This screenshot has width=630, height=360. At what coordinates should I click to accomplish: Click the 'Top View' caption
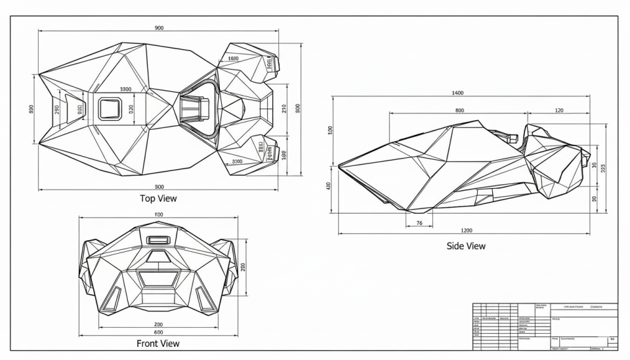(x=158, y=198)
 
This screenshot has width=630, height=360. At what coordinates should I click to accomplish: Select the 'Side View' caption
(x=465, y=246)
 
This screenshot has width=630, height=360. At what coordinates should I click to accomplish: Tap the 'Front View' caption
(x=157, y=343)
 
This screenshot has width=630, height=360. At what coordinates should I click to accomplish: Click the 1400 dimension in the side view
(x=457, y=93)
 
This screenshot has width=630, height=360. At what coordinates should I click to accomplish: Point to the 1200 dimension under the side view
(x=466, y=230)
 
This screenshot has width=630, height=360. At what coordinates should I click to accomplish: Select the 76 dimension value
(x=419, y=224)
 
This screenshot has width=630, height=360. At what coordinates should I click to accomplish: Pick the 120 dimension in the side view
(x=558, y=110)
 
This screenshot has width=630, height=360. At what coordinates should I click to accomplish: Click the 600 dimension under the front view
(x=159, y=332)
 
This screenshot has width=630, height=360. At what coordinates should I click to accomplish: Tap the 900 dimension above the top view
(x=159, y=28)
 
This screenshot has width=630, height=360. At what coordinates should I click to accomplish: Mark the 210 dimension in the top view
(x=284, y=108)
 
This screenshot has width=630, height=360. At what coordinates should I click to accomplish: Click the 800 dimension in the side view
(x=459, y=110)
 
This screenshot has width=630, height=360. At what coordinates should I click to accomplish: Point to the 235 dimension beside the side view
(x=603, y=167)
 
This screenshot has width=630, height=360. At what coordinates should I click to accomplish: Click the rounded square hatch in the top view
(x=110, y=108)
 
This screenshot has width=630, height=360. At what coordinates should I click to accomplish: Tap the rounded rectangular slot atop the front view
(x=157, y=240)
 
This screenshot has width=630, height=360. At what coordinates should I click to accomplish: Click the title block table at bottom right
(x=545, y=326)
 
